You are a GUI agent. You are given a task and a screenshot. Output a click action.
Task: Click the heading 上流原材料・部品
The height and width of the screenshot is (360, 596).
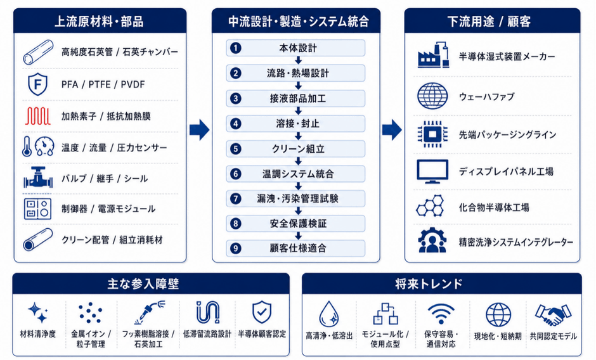(x=99, y=22)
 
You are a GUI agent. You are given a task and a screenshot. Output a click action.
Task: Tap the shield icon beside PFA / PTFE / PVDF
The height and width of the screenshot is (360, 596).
(x=37, y=84)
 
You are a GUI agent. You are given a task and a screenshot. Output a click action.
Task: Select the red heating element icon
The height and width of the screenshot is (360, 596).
(x=37, y=116)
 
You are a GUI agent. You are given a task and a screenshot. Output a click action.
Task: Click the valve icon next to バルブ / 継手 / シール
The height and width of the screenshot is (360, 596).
(x=38, y=177)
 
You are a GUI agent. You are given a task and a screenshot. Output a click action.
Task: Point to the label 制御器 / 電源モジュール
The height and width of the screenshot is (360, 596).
(x=108, y=209)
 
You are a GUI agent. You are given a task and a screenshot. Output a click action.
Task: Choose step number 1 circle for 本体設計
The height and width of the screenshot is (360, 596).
(x=236, y=48)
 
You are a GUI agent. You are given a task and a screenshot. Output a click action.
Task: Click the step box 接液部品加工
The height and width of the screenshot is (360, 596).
(x=295, y=98)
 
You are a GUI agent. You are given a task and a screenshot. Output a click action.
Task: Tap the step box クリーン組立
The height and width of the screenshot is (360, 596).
(x=295, y=149)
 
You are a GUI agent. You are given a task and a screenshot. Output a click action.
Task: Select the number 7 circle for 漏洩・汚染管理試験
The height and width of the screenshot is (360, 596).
(x=236, y=198)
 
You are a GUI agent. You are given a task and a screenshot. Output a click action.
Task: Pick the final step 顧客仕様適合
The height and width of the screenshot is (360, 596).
(x=295, y=248)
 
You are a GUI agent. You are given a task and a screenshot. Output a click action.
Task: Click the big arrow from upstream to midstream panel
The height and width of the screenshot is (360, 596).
(x=199, y=130)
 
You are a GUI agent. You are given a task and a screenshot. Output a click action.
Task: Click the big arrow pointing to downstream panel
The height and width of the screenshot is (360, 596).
(x=392, y=130)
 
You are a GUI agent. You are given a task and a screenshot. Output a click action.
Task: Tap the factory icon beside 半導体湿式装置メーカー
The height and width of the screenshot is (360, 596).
(x=433, y=55)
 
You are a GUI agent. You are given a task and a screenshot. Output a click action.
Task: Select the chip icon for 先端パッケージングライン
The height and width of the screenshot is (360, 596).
(x=432, y=134)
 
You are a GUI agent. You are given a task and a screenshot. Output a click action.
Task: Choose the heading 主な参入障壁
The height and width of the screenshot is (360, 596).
(x=143, y=283)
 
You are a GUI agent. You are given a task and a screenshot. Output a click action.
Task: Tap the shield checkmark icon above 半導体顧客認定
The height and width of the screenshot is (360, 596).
(x=262, y=312)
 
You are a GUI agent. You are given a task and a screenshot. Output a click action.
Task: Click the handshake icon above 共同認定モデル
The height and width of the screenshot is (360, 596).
(x=553, y=314)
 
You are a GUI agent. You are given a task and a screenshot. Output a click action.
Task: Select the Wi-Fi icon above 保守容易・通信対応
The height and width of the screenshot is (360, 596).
(x=441, y=314)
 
